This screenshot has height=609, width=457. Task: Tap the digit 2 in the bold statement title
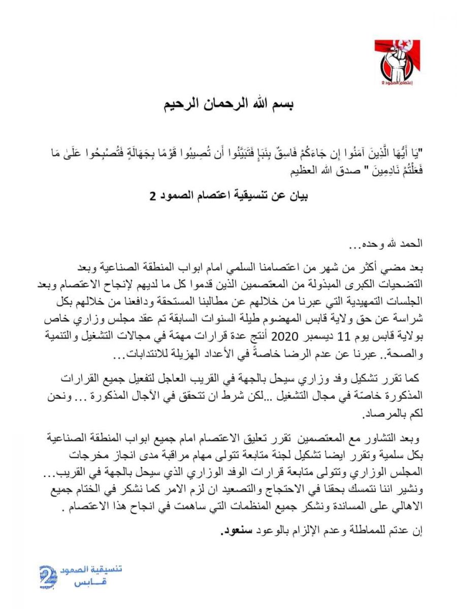click(x=152, y=196)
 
